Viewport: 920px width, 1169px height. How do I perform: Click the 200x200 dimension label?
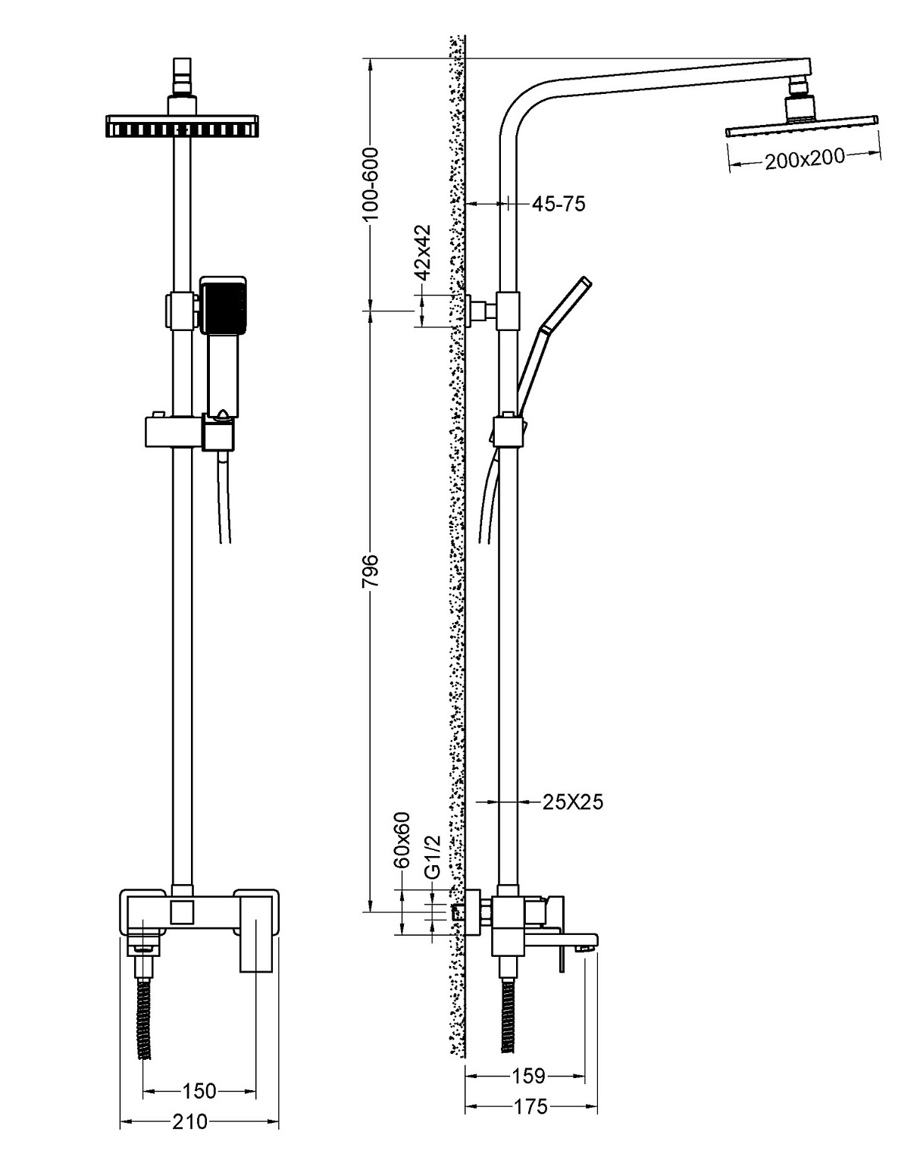click(804, 159)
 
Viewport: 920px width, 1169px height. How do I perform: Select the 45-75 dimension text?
click(559, 204)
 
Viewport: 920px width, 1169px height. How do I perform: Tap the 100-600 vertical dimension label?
click(371, 183)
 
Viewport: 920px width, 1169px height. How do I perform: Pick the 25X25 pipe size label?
click(573, 801)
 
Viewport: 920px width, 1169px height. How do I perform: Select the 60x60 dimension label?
click(402, 839)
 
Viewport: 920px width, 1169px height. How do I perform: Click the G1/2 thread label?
click(431, 857)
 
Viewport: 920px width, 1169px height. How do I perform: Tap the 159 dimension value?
click(528, 1075)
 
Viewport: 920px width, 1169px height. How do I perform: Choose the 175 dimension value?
click(530, 1107)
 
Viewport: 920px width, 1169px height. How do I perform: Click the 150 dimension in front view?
click(199, 1091)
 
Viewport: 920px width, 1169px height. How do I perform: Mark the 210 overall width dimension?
click(190, 1122)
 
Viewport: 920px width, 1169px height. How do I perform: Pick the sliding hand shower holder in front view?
click(188, 432)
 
